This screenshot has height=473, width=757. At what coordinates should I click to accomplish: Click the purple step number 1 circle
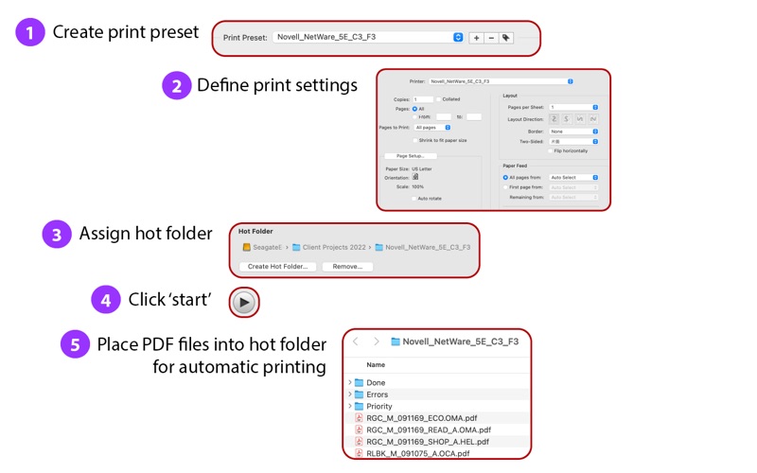[30, 33]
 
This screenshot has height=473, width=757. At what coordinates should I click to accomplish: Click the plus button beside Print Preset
[476, 38]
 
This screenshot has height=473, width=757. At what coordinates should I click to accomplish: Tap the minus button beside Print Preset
[490, 38]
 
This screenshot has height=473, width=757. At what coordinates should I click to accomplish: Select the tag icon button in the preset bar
[506, 38]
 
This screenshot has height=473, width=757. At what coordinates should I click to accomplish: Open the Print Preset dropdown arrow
[458, 38]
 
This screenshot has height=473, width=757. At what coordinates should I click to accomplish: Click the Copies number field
[422, 99]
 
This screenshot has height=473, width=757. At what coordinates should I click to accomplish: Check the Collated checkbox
[438, 99]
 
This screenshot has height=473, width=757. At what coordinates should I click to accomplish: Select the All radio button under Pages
[414, 109]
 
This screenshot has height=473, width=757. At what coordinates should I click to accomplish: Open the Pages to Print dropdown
[432, 127]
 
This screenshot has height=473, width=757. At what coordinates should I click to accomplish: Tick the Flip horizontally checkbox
[551, 150]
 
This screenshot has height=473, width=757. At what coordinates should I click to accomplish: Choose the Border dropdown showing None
[573, 131]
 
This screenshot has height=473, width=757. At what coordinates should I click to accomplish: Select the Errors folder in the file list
[377, 394]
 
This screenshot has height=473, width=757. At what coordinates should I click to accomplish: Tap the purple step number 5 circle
[75, 344]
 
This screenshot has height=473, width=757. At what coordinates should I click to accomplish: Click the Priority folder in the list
[378, 406]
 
